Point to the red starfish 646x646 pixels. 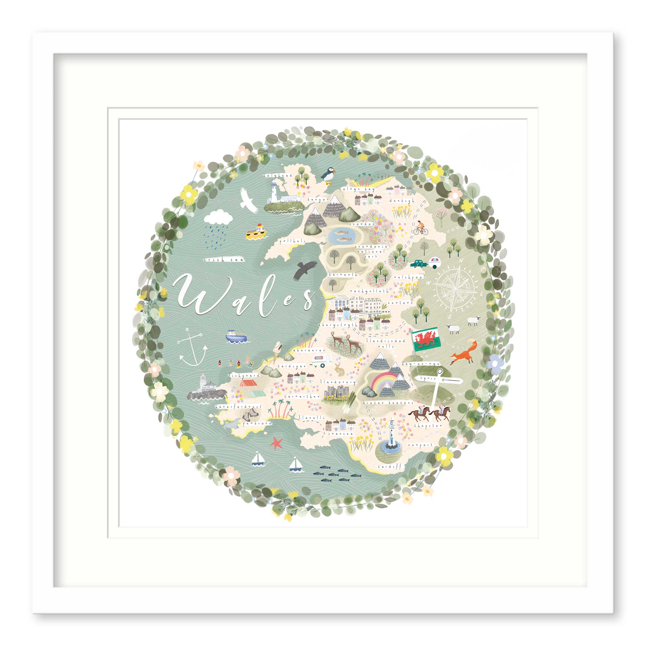[x=276, y=443]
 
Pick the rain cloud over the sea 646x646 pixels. [x=218, y=217]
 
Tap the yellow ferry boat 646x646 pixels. [x=256, y=232]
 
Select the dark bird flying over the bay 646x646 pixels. [x=305, y=270]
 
